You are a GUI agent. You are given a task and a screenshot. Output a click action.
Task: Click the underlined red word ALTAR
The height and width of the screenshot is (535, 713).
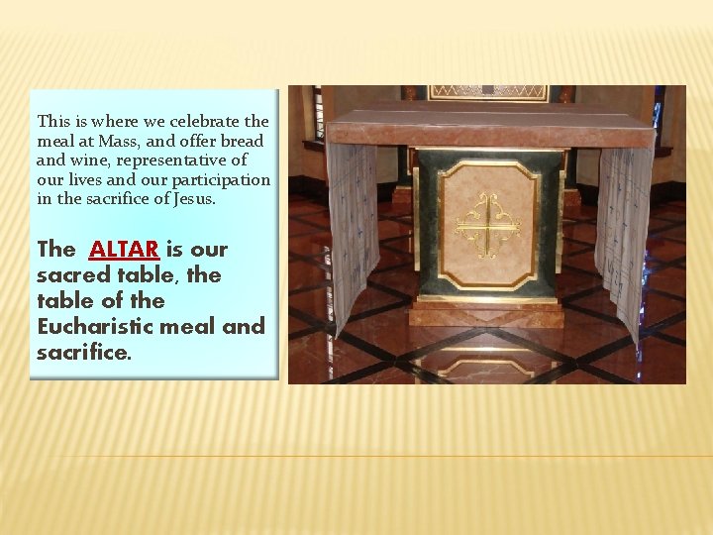point(124,250)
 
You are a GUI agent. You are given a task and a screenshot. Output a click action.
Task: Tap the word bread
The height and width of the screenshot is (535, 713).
point(244,141)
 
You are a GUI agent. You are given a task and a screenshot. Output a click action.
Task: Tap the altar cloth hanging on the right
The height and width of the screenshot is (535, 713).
point(624,238)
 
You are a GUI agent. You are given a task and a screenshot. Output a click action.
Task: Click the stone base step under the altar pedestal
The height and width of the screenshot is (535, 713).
point(487,314)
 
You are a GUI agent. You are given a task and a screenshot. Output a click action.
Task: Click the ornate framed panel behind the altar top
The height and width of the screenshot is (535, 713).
point(487,92)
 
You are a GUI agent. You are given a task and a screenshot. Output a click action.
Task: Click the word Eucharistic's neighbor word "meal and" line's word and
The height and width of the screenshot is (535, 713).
point(244,327)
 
